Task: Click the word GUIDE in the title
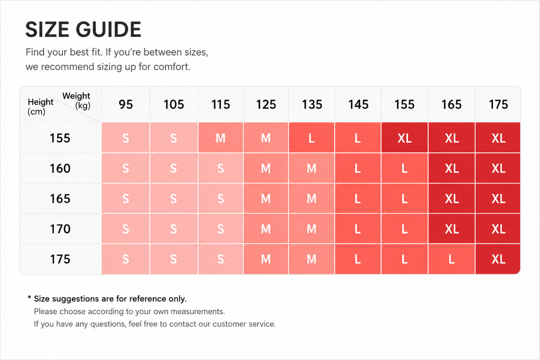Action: [109, 29]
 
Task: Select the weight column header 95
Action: [125, 104]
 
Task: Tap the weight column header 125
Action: [266, 104]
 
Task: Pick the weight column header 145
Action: [358, 104]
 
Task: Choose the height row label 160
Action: [60, 169]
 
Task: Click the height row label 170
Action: [60, 229]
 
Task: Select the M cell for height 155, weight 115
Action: [221, 138]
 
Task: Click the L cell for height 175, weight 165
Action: [452, 259]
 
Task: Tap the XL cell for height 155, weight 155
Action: [405, 138]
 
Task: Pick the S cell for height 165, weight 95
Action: [125, 199]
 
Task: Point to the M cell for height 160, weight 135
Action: [312, 168]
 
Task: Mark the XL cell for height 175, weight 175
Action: [498, 259]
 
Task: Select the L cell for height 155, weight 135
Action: [312, 138]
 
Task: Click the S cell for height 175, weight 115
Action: [221, 259]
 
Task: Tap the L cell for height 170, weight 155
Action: [405, 229]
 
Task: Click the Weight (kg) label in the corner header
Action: [77, 101]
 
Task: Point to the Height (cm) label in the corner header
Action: [41, 106]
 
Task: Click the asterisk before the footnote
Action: [29, 298]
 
